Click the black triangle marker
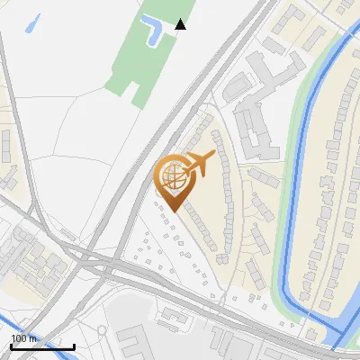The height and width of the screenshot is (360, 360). coord(181,24)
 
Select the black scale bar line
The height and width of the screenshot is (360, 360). coord(42,347)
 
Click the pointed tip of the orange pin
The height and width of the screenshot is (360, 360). coord(172,211)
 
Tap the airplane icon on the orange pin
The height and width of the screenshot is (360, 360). coord(200,164)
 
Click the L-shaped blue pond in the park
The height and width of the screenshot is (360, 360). coord(152,34)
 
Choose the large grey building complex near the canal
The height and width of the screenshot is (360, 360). coord(252,117)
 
